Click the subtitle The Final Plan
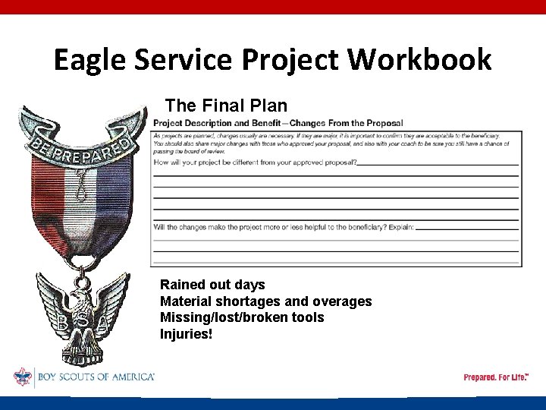point(226,105)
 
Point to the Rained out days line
point(212,285)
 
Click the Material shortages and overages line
point(265,301)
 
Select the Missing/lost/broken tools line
point(241,317)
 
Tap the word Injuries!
point(187,334)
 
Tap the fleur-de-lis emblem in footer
point(22,377)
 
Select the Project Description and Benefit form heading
point(278,123)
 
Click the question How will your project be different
point(255,162)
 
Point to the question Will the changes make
point(284,227)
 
